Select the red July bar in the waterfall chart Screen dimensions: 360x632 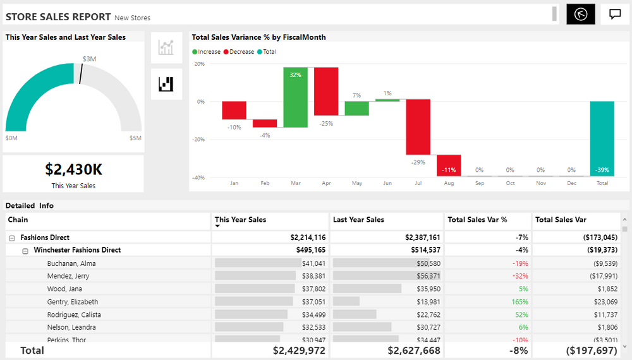click(x=418, y=126)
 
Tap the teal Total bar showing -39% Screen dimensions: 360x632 click(x=602, y=138)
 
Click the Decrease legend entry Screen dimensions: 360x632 click(x=241, y=52)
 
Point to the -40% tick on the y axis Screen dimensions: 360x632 click(x=199, y=177)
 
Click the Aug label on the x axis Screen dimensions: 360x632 click(x=449, y=183)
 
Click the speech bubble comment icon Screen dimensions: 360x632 click(x=614, y=15)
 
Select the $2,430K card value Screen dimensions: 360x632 click(x=73, y=169)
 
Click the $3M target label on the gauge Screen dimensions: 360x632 click(x=89, y=59)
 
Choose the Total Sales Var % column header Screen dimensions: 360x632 click(x=477, y=220)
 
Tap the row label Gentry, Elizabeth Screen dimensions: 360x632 click(x=73, y=302)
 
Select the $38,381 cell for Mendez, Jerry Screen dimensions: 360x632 click(x=313, y=276)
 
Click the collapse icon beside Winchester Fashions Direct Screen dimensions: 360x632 click(x=25, y=251)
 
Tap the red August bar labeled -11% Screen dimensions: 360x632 click(x=449, y=165)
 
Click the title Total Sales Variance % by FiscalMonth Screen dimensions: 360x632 click(x=258, y=37)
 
